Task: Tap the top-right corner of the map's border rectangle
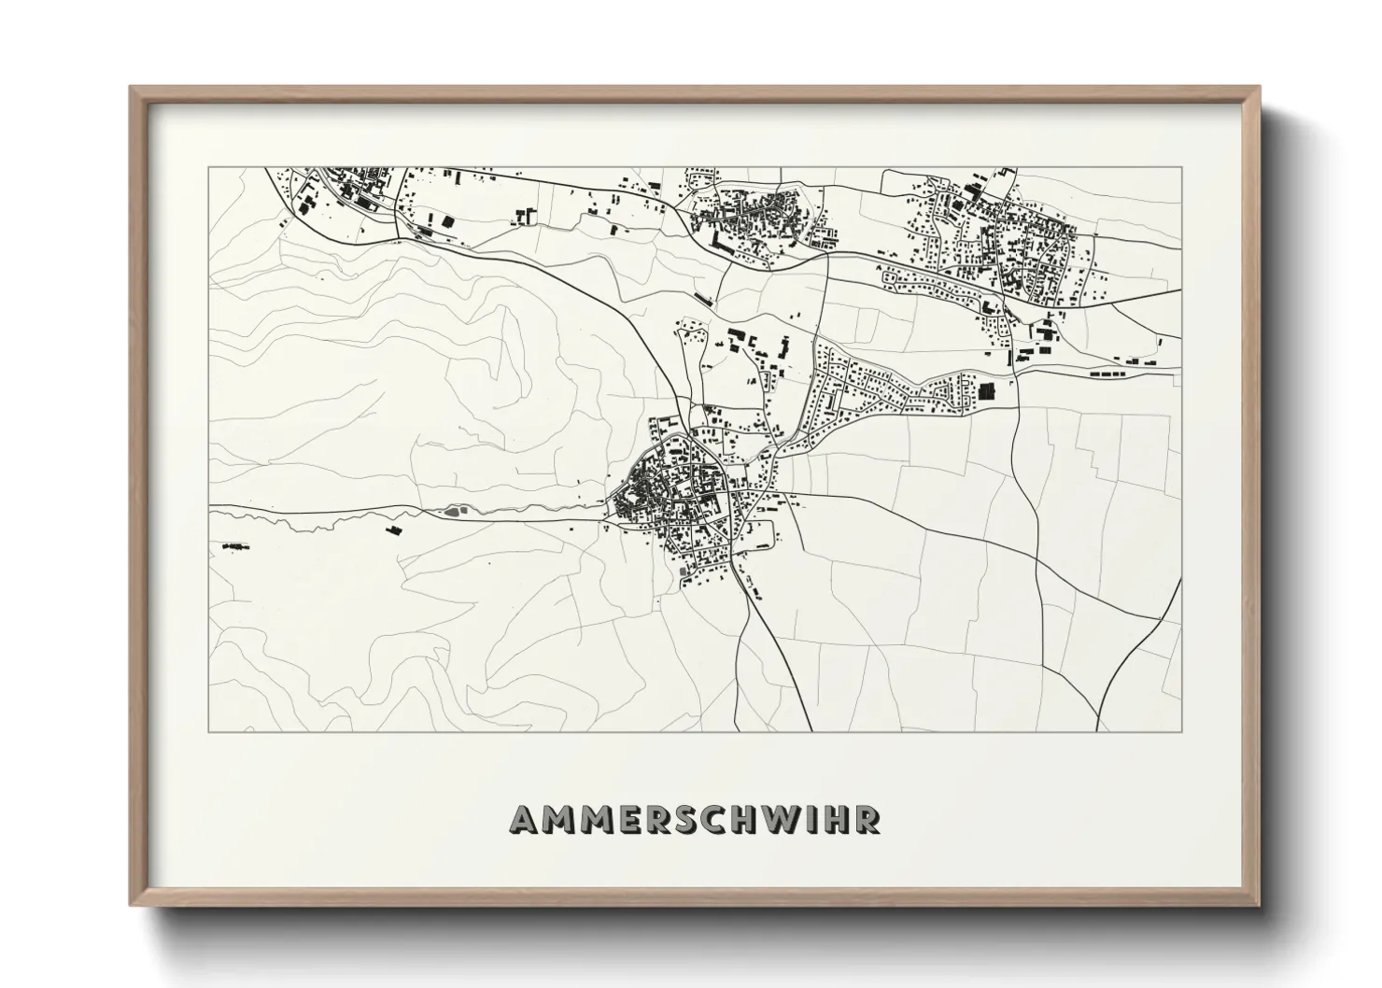[x=1181, y=168]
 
